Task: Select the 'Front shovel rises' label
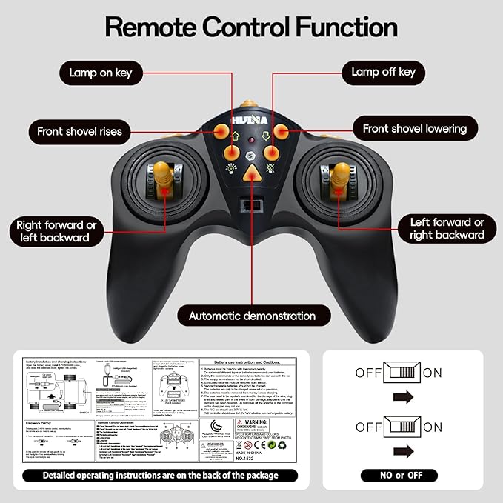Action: point(79,133)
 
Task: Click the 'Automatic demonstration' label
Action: point(252,316)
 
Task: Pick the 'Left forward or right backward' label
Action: point(447,228)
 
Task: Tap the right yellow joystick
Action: point(340,177)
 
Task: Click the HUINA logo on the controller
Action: point(251,119)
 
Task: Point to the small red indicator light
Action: point(251,139)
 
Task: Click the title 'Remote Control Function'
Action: point(251,27)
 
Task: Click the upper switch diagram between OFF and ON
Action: point(403,372)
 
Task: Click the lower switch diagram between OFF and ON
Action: point(403,427)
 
